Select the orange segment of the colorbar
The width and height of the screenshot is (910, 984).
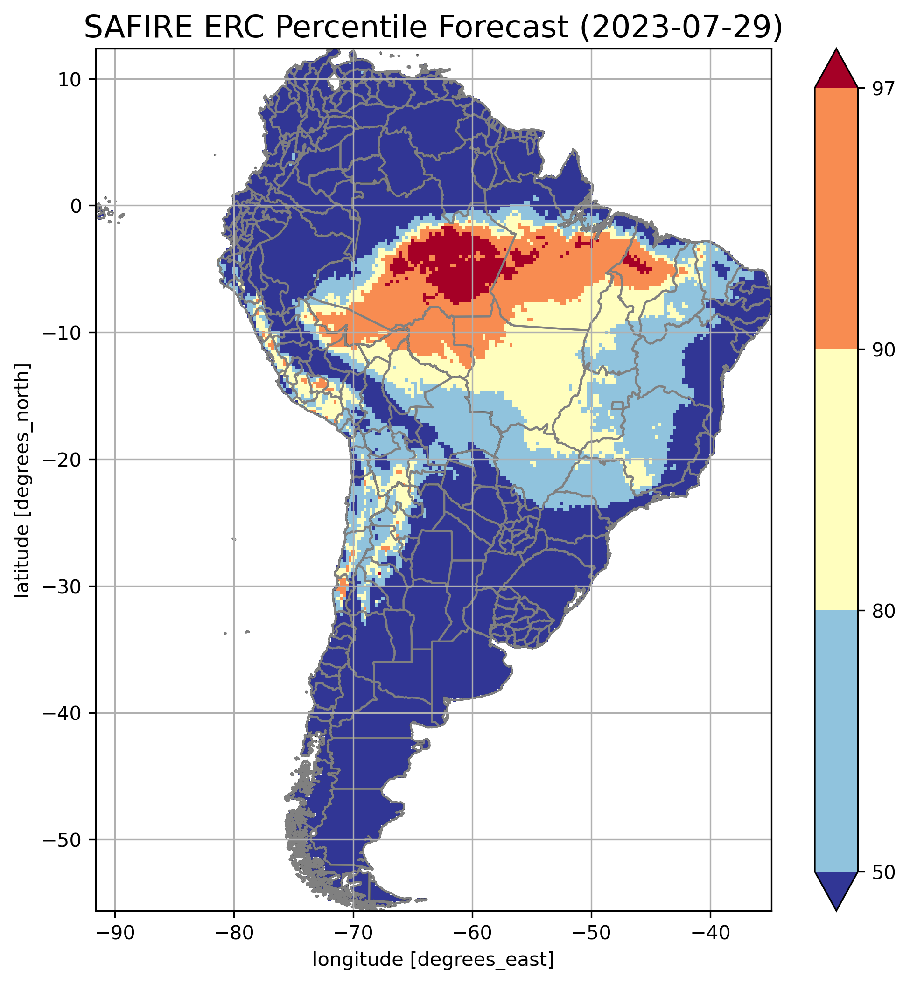click(836, 219)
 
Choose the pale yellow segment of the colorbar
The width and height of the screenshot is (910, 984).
click(836, 480)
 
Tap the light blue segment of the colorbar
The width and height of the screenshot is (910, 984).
click(836, 741)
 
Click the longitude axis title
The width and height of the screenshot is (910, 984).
click(434, 959)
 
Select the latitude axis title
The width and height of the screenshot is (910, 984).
click(22, 480)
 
